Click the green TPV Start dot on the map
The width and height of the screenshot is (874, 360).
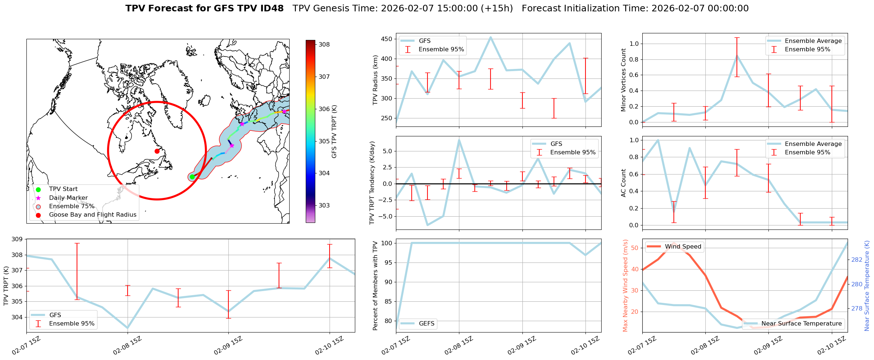(192, 177)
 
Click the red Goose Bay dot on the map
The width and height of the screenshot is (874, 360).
(157, 151)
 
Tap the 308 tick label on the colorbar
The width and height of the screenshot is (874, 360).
(324, 45)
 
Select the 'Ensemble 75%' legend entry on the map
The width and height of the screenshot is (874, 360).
(71, 206)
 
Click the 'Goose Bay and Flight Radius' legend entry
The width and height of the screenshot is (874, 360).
(92, 215)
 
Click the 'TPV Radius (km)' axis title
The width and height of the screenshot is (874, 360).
(375, 80)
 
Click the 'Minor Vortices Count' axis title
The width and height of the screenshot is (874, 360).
(623, 80)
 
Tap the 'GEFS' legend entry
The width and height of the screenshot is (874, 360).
(426, 323)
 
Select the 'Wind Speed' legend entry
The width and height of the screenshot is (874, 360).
(683, 247)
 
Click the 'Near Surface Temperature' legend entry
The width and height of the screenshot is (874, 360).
(801, 323)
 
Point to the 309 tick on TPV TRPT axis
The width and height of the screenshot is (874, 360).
(17, 239)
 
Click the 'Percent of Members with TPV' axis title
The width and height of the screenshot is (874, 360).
(375, 286)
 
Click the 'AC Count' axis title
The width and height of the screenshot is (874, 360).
(623, 183)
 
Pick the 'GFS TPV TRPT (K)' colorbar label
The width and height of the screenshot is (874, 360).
(334, 131)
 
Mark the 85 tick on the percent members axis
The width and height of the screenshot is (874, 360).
(388, 302)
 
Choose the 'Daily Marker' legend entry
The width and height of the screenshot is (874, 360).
(68, 198)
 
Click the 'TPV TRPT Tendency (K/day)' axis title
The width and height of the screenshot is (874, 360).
(372, 183)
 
